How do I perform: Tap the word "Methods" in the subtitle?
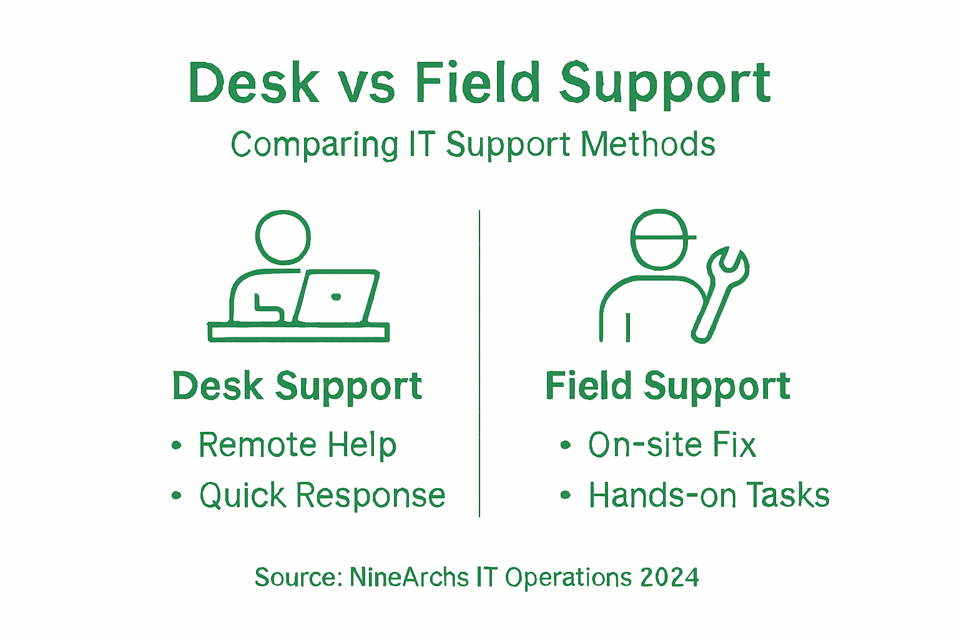[647, 145]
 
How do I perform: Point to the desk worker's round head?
[283, 237]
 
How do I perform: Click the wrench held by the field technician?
[721, 291]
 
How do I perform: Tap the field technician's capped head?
[659, 238]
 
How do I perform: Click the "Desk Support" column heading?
[297, 386]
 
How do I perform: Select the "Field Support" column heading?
[667, 386]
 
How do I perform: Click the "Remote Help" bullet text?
[297, 445]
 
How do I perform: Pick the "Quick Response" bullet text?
[322, 496]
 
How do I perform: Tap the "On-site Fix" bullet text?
[672, 445]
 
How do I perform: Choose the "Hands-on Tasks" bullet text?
[709, 496]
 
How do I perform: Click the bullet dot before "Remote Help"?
[177, 446]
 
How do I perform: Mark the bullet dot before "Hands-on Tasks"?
[566, 496]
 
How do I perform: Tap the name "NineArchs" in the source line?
[409, 577]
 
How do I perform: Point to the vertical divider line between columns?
[479, 362]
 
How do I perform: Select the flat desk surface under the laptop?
[298, 332]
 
